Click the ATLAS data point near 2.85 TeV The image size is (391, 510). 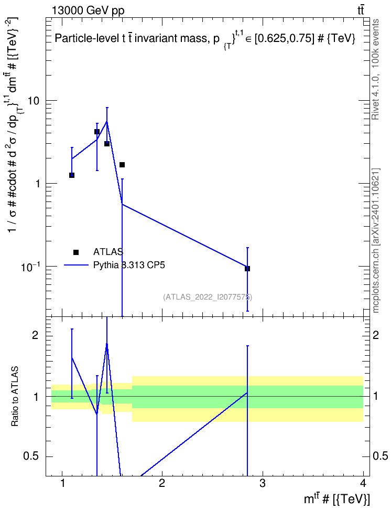coord(247,269)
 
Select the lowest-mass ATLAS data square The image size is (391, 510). coord(72,175)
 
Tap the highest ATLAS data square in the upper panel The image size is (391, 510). coord(97,132)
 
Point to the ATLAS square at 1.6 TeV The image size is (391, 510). coord(122,165)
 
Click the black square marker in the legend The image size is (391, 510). coord(76,252)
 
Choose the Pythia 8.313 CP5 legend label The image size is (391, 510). coord(129,265)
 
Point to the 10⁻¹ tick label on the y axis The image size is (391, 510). coord(31,267)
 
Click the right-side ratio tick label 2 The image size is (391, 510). coord(376,335)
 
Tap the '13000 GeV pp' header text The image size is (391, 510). coord(88,10)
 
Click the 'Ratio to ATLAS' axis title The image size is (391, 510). coord(15,397)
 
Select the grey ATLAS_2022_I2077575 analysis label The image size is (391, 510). coord(208,297)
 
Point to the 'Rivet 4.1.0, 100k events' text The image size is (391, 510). coord(375,69)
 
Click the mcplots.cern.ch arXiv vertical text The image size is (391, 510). coord(376,240)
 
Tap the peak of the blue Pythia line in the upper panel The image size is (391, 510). coord(107,121)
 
